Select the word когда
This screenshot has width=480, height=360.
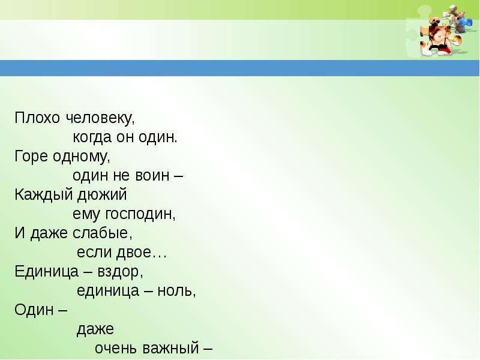point(92,137)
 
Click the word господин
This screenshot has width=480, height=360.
point(140,214)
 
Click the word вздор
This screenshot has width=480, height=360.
point(121,272)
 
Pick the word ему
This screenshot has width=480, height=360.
point(87,215)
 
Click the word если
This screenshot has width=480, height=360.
point(91,253)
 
